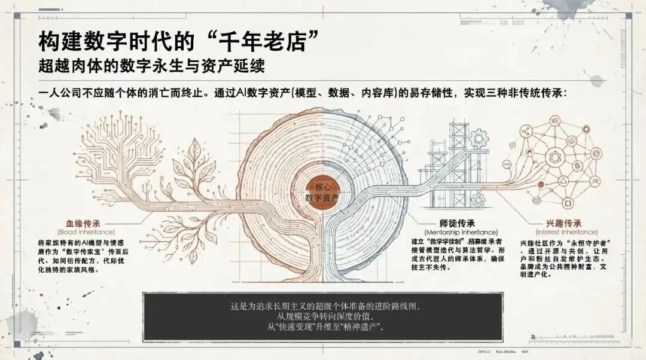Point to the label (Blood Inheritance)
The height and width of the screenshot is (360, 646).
click(x=86, y=231)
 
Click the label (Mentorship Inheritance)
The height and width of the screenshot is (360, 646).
click(x=461, y=231)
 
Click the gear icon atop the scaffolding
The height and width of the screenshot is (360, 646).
click(x=479, y=138)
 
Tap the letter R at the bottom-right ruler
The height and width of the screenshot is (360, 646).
click(x=533, y=337)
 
